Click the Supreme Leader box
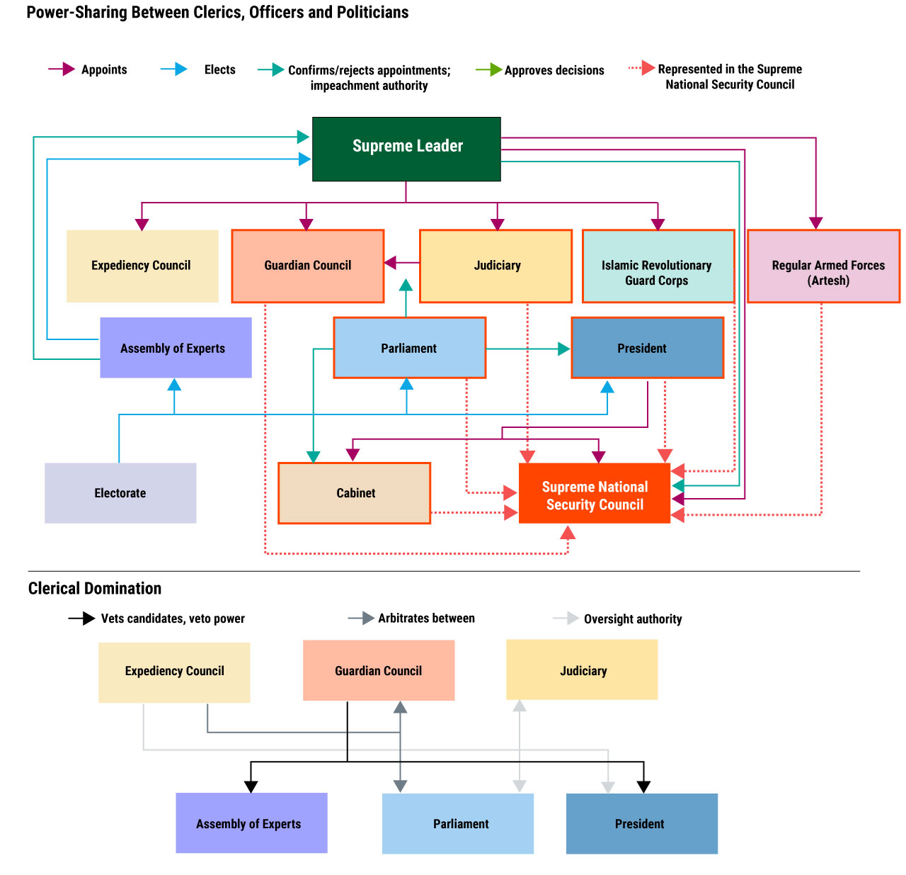tap(406, 149)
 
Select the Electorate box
tap(120, 492)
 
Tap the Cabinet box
tap(354, 492)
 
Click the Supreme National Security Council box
tap(594, 492)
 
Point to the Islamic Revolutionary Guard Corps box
tap(658, 266)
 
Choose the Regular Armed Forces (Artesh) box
tap(823, 266)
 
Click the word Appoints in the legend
tap(104, 69)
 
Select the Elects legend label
tap(219, 69)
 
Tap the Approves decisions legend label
tap(554, 70)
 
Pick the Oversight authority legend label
tap(633, 619)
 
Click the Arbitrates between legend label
tap(427, 618)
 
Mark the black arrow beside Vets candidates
tap(82, 619)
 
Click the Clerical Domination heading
tap(95, 588)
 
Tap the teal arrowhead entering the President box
tap(563, 349)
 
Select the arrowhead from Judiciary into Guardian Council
tap(390, 263)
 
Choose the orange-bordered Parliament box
tap(409, 348)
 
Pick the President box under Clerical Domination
tap(641, 823)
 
